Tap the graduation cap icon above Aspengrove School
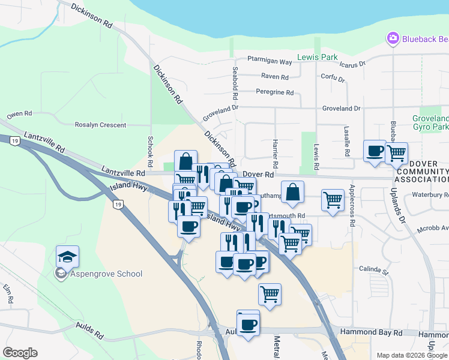[67, 256]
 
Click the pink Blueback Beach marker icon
[393, 38]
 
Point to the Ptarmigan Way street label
[270, 62]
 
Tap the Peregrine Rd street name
[274, 93]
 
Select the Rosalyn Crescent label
[100, 125]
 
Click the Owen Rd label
[19, 114]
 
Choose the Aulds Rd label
[90, 330]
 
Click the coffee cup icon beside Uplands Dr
[375, 151]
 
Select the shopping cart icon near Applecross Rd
[333, 200]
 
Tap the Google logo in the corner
[20, 353]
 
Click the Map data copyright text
[411, 355]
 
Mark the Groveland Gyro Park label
[430, 123]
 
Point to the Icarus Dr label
[352, 64]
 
